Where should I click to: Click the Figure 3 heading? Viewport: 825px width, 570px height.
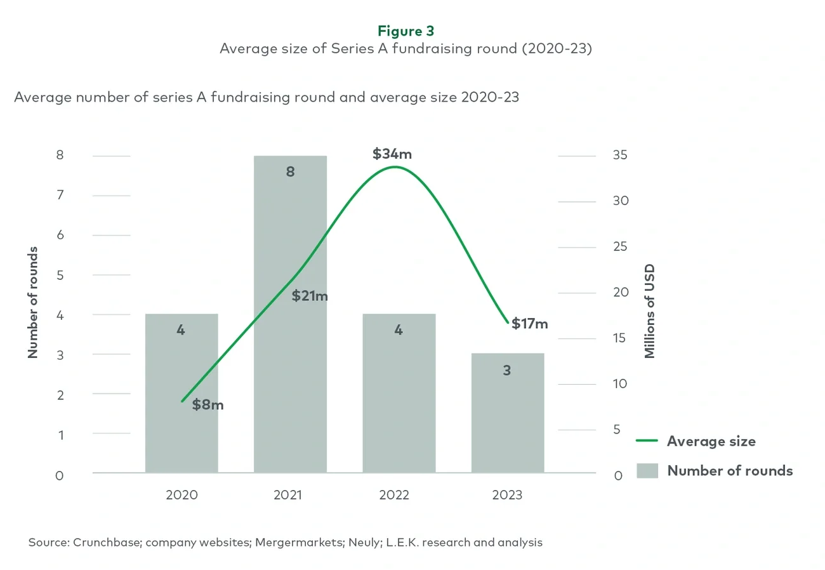coord(406,30)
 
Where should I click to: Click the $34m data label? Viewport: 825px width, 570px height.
coord(392,154)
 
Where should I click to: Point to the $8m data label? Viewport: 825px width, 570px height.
coord(208,404)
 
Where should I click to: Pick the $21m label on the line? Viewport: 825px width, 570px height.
coord(310,296)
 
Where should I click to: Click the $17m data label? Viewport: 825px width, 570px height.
coord(529,324)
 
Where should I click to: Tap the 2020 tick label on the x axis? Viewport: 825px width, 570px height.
coord(181,495)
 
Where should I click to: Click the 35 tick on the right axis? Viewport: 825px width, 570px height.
coord(620,156)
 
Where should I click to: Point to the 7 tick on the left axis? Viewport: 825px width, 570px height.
coord(60,195)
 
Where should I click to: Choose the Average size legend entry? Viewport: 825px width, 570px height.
coord(711,441)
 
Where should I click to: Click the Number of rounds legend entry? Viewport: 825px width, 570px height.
coord(730,470)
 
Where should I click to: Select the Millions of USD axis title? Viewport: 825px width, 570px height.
coord(649,311)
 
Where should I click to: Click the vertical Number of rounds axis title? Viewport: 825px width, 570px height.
coord(33,302)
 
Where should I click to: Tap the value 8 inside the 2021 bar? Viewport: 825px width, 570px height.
coord(290,171)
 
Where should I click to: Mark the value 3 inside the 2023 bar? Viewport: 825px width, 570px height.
coord(506,370)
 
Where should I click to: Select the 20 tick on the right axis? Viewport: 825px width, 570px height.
coord(620,293)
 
